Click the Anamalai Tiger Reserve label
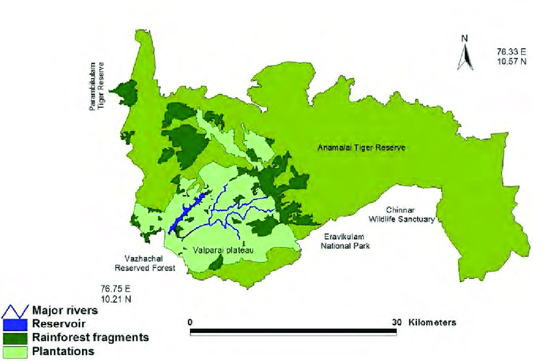pyautogui.click(x=361, y=148)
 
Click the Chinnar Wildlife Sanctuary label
pyautogui.click(x=401, y=215)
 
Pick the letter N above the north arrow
pyautogui.click(x=465, y=38)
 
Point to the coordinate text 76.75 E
pyautogui.click(x=115, y=288)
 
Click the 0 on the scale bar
pyautogui.click(x=189, y=323)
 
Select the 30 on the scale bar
pyautogui.click(x=396, y=323)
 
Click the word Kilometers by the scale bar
pyautogui.click(x=432, y=323)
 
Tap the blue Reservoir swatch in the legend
pyautogui.click(x=14, y=325)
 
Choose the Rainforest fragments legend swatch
pyautogui.click(x=14, y=338)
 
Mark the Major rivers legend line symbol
pyautogui.click(x=14, y=311)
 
